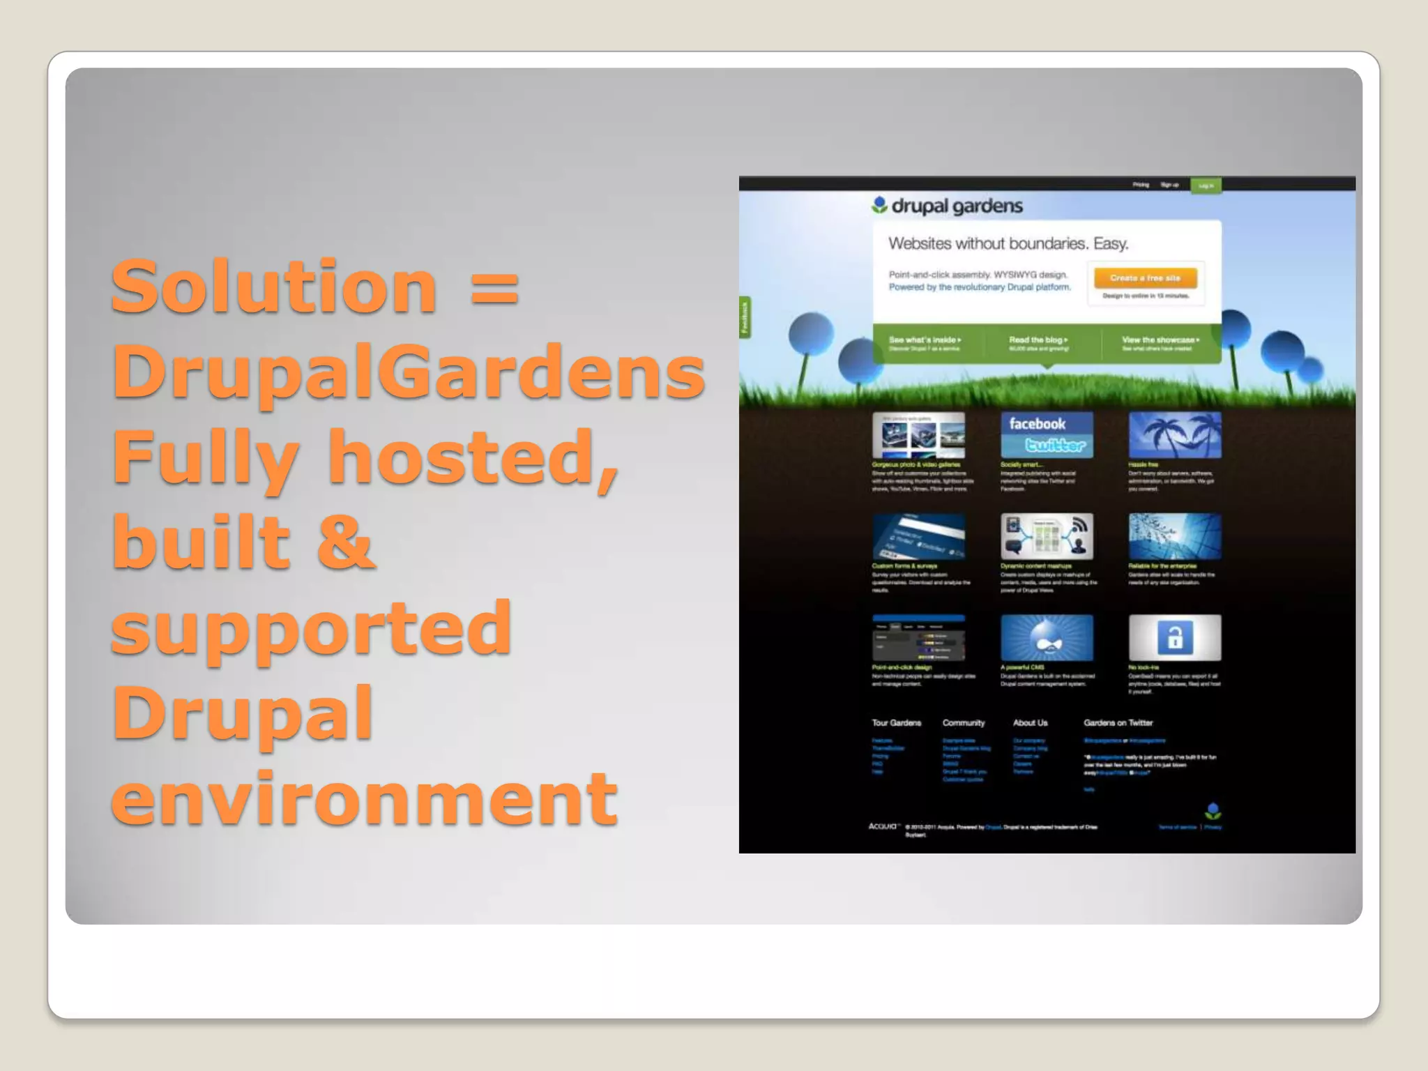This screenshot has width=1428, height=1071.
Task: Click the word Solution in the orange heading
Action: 273,287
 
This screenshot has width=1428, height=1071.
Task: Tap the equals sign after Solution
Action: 494,289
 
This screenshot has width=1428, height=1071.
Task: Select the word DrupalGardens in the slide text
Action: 408,372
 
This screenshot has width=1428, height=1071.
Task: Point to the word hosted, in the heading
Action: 473,458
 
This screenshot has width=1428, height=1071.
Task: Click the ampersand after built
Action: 346,542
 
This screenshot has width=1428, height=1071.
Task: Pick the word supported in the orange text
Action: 311,629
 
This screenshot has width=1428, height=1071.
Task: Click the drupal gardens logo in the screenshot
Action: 946,206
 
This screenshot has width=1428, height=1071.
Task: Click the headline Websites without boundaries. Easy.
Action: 1008,244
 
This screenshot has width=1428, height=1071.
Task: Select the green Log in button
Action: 1206,185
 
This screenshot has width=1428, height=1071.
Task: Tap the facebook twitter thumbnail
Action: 1047,435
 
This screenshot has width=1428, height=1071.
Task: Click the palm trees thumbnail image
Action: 1175,435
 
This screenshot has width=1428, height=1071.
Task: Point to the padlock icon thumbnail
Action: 1175,637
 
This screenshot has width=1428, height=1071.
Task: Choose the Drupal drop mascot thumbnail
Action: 1047,637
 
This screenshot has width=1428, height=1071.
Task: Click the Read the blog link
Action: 1038,340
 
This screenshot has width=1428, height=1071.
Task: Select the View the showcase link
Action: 1160,340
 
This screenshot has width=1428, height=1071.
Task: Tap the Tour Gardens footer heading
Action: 896,723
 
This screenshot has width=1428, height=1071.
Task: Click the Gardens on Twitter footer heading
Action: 1118,723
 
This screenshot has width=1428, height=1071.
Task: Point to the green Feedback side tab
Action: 745,317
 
